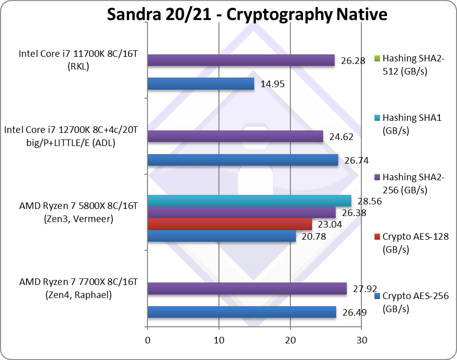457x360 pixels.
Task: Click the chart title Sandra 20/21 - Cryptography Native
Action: tap(247, 14)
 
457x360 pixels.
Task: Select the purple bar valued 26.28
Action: tap(241, 60)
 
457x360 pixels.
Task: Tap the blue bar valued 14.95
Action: tap(201, 84)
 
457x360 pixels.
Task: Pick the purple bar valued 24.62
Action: tap(235, 136)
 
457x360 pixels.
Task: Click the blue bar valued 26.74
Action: tap(243, 160)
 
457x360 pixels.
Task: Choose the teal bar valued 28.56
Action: tap(249, 201)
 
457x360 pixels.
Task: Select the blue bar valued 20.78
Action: tap(221, 236)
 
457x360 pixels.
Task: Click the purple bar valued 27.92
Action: tap(247, 289)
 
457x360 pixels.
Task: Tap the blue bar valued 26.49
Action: tap(242, 312)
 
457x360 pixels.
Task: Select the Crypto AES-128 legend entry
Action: tap(408, 241)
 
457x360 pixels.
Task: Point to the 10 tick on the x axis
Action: tap(219, 340)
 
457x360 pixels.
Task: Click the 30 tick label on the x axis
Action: tap(361, 340)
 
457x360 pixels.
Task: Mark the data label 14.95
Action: tap(272, 84)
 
